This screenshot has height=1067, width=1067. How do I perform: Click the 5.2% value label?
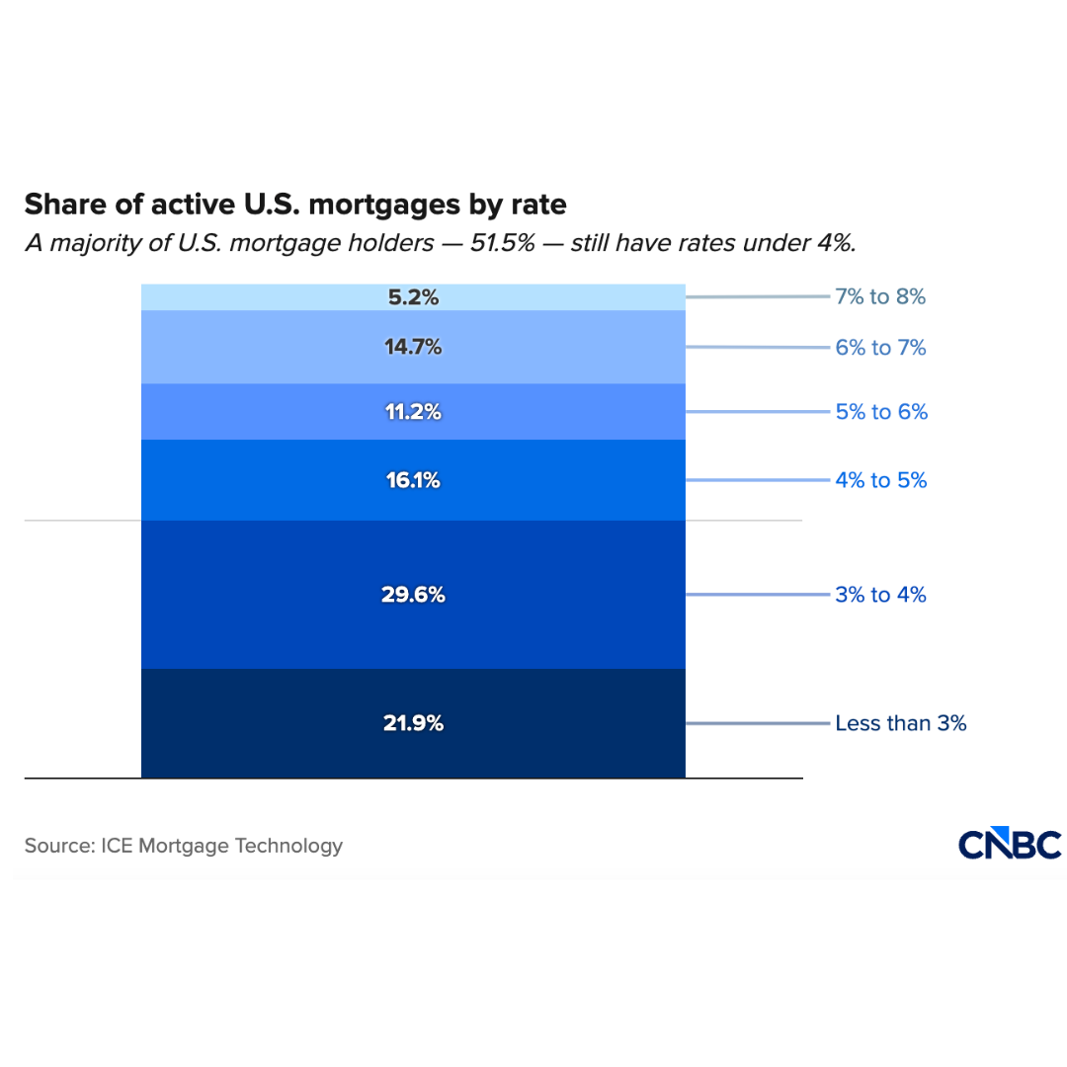tap(413, 296)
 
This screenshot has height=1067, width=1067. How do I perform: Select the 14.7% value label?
tap(413, 347)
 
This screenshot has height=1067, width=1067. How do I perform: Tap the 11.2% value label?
tap(413, 412)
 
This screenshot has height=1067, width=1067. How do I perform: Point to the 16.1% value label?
tap(413, 480)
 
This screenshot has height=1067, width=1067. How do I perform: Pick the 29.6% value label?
tap(413, 595)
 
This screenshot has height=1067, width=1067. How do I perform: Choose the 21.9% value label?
tap(413, 723)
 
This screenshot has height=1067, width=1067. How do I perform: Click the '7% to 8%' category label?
tap(880, 296)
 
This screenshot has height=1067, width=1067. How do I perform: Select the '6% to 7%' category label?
tap(880, 348)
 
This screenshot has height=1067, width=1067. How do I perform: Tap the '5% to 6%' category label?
tap(881, 412)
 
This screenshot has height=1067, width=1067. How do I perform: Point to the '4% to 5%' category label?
tap(881, 480)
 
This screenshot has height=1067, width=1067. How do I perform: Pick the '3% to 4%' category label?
tap(880, 595)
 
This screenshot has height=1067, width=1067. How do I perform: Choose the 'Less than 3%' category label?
tap(900, 723)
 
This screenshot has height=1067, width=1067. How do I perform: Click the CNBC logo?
tap(1010, 845)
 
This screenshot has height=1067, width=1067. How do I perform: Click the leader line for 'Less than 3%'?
tap(758, 723)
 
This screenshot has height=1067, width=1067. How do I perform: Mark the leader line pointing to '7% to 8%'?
tap(758, 296)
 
